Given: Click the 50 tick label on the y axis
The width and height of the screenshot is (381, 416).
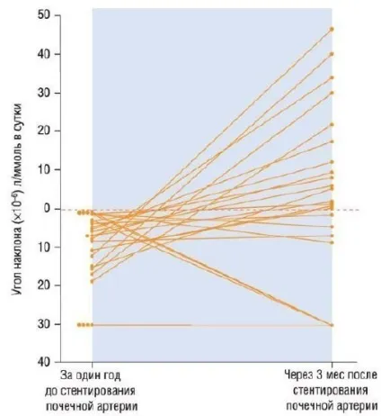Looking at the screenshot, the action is pos(44,15).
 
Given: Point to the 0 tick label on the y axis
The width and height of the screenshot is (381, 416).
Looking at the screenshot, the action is pos(47,208).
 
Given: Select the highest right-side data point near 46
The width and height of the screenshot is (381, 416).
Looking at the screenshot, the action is pos(332,29).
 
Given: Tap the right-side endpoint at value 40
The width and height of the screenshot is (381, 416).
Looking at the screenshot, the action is pos(332,54).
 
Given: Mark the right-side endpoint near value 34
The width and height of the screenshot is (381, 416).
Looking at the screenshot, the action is pos(332,77).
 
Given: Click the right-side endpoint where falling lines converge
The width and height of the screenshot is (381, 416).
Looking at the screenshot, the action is pos(332,325).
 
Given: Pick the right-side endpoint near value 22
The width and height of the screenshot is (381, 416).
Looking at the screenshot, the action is pos(332,124).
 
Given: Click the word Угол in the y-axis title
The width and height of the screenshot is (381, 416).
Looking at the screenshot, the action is pos(17,285).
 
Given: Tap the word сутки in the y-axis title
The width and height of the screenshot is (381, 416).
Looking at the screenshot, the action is pos(17,116).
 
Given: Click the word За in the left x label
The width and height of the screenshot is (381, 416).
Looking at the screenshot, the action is pos(66,375).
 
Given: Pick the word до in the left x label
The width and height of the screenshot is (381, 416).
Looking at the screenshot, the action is pos(51,392).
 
